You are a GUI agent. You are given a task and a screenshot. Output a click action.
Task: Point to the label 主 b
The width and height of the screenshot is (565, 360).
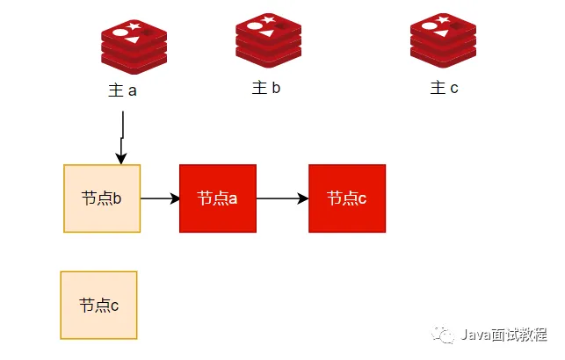click(x=265, y=88)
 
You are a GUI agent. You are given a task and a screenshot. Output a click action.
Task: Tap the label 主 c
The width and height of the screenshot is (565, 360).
click(x=444, y=88)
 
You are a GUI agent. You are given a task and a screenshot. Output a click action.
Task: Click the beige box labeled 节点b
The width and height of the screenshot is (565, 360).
click(x=102, y=198)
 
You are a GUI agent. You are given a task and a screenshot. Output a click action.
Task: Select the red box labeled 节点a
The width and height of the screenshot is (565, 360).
click(x=218, y=198)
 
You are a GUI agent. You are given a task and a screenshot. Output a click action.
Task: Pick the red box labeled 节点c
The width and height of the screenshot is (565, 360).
click(x=347, y=198)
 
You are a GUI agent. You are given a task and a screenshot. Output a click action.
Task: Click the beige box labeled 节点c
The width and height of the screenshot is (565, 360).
click(x=98, y=305)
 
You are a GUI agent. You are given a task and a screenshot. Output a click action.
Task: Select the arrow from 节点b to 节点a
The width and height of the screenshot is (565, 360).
click(x=160, y=198)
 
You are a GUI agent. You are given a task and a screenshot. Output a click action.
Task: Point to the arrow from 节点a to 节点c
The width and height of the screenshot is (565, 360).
click(x=282, y=198)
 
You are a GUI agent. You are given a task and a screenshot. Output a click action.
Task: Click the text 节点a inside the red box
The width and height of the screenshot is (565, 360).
click(x=218, y=198)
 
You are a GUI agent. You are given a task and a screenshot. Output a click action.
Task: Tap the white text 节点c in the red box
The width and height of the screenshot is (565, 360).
click(x=347, y=198)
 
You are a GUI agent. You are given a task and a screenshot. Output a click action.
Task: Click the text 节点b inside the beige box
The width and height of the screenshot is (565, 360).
click(x=101, y=198)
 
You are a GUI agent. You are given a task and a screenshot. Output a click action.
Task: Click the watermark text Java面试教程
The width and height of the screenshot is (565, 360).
click(x=503, y=336)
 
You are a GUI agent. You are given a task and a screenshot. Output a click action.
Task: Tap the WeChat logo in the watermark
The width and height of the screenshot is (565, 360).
click(x=445, y=336)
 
